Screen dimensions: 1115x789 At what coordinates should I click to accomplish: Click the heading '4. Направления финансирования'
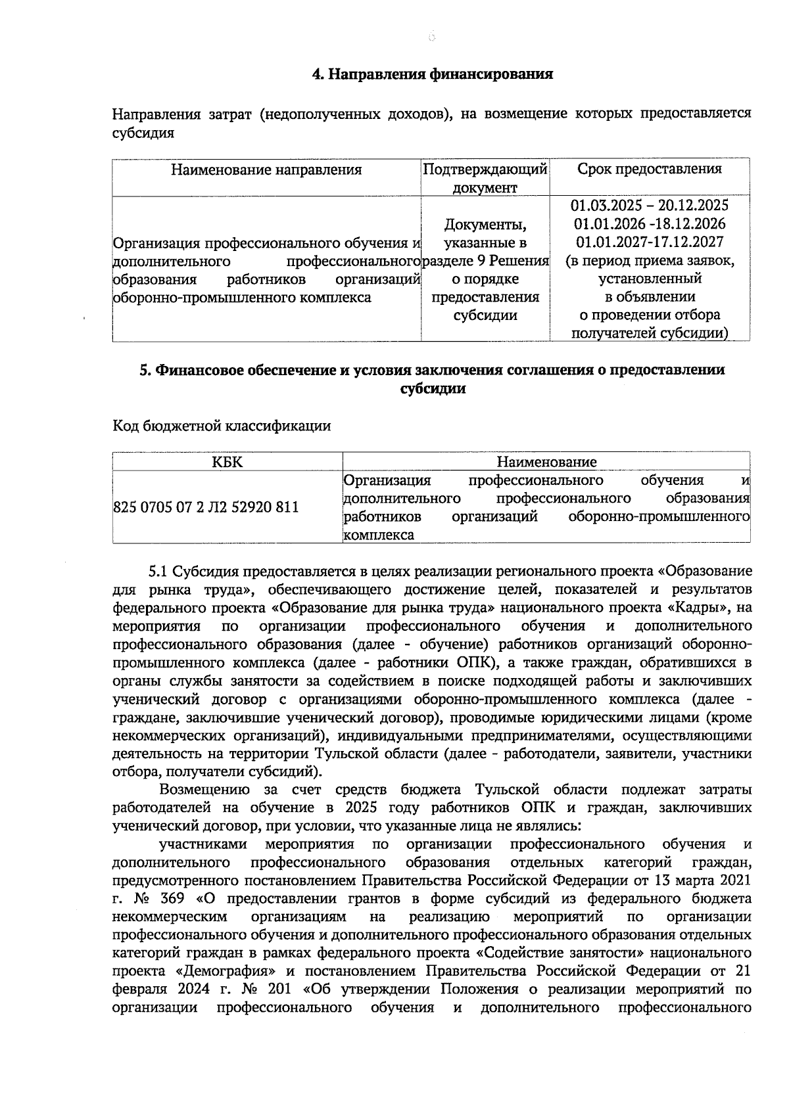(x=432, y=74)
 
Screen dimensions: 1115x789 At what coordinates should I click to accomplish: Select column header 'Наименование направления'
(x=266, y=170)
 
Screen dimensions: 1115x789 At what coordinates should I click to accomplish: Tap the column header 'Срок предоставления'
(x=649, y=169)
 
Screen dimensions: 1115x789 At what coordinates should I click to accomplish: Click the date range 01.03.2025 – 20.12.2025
(x=649, y=205)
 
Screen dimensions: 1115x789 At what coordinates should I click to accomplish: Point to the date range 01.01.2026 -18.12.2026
(x=649, y=223)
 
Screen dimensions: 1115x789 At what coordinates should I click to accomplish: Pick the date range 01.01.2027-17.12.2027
(x=649, y=242)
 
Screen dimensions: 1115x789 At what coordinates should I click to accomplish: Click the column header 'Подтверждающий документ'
(x=485, y=178)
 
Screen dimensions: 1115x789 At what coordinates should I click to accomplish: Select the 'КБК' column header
(x=227, y=462)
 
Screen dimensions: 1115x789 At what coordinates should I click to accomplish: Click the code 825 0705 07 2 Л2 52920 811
(x=206, y=507)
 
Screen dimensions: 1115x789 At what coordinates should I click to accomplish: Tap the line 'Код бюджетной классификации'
(x=222, y=426)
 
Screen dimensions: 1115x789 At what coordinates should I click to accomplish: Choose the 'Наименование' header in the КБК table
(x=546, y=462)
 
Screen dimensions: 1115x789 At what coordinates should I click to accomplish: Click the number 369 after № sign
(x=172, y=898)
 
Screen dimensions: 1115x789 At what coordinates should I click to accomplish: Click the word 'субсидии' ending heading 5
(x=433, y=388)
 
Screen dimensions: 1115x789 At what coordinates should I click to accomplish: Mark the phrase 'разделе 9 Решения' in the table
(x=485, y=261)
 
